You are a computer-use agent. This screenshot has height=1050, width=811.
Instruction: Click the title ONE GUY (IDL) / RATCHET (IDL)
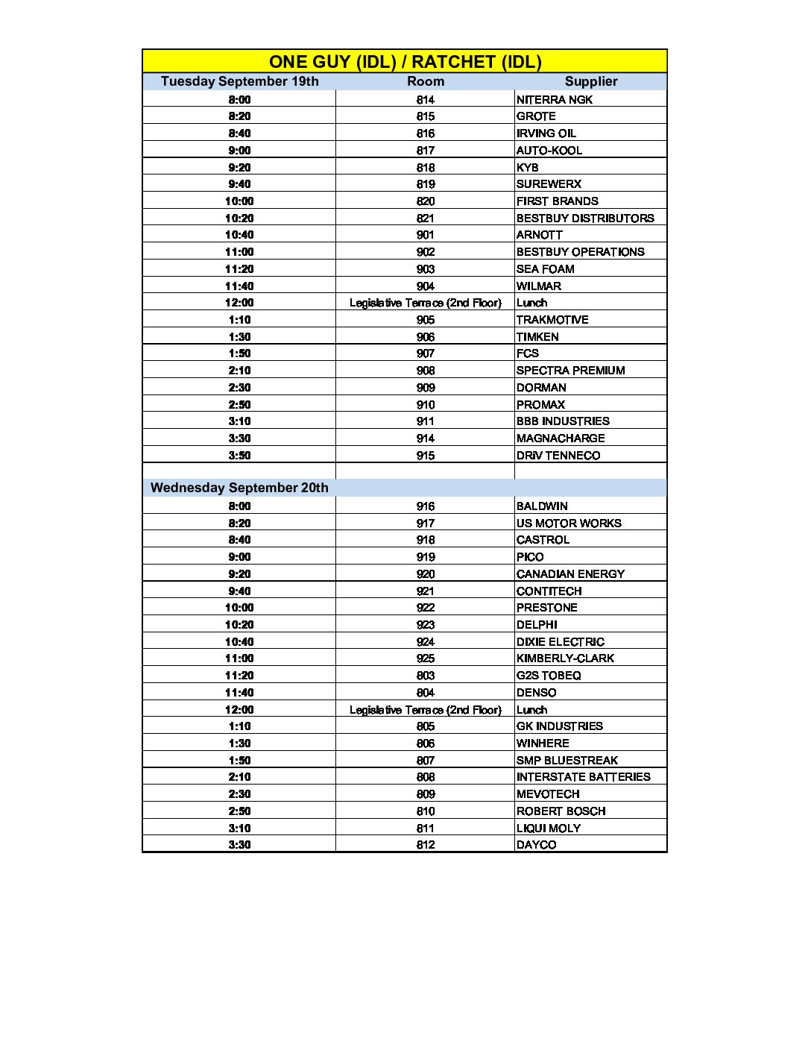tap(405, 61)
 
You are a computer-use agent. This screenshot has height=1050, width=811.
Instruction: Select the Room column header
tap(425, 81)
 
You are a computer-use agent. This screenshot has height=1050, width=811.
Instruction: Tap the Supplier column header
tap(590, 81)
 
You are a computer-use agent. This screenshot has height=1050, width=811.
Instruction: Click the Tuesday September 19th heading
tap(239, 81)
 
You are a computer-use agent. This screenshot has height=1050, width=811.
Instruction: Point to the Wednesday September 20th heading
tap(239, 488)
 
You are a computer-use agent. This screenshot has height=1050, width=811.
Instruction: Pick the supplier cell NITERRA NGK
tap(554, 99)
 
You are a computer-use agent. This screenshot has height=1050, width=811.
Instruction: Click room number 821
tap(425, 218)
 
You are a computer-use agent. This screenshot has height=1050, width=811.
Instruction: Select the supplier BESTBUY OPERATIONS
tap(580, 252)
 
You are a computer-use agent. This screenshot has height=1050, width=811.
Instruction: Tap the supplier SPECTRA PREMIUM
tap(570, 371)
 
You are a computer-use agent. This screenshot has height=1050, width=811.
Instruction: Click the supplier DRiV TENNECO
tap(558, 456)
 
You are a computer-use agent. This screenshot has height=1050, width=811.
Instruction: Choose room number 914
tap(425, 438)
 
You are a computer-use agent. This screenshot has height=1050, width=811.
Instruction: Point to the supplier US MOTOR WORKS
tap(568, 524)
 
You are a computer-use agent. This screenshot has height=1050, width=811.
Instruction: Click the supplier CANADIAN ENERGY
tap(570, 574)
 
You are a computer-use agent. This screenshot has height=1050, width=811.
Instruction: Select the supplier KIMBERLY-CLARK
tap(565, 658)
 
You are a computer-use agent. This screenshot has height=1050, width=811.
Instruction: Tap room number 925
tap(425, 658)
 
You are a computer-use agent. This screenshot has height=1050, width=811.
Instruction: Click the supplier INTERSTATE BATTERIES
tap(583, 777)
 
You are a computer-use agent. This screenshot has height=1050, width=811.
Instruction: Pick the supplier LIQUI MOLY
tap(548, 828)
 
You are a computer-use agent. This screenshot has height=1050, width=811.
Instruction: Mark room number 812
tap(425, 845)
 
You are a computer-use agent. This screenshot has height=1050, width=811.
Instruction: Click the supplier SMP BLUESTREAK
tap(567, 761)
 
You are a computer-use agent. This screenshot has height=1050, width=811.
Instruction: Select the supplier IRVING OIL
tap(546, 133)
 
